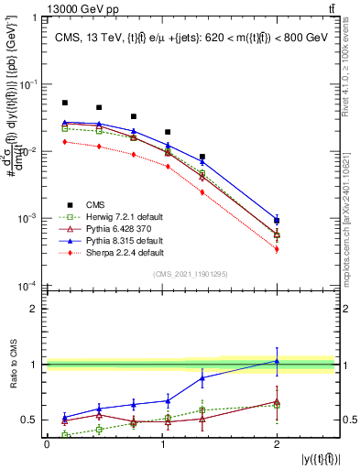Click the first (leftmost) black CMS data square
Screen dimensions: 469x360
[x=65, y=103]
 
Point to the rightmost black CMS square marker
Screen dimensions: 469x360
[x=277, y=220]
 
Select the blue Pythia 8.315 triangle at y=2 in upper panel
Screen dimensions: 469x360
[x=277, y=220]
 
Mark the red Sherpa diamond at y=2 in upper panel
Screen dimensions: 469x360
[x=277, y=249]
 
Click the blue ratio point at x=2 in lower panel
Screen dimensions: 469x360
[x=277, y=361]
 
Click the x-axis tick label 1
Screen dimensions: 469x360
[x=162, y=444]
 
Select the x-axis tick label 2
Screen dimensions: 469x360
[x=277, y=444]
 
